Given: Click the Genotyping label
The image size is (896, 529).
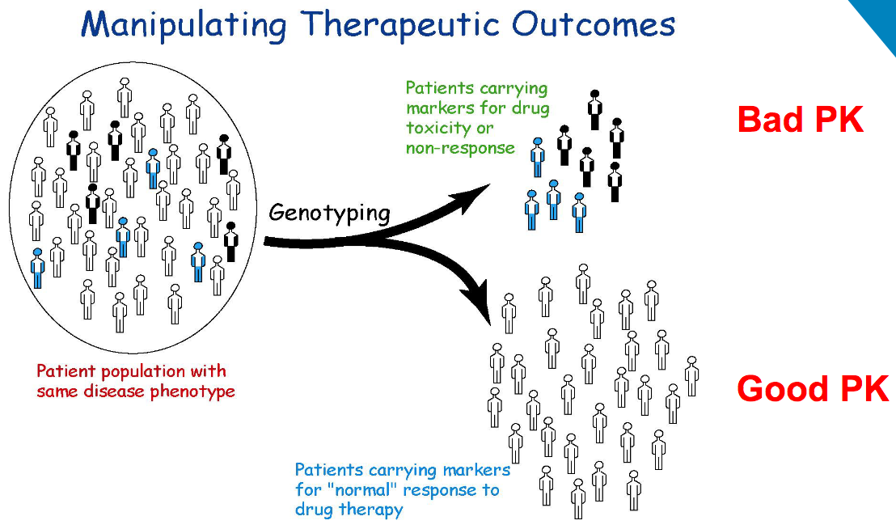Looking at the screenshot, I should (329, 213).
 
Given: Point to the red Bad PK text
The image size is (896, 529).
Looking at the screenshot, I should (801, 120).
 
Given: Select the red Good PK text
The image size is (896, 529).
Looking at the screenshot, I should (812, 389).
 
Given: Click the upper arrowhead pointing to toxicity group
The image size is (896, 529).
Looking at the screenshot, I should (478, 191).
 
